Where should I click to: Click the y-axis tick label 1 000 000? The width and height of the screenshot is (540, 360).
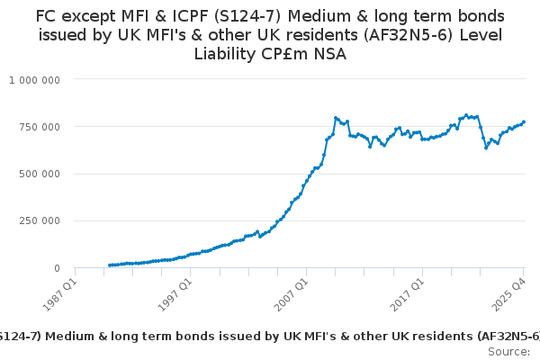[x=35, y=79]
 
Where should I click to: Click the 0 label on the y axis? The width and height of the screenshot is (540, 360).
[x=56, y=268]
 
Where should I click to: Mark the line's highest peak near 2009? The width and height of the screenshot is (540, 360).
[x=336, y=118]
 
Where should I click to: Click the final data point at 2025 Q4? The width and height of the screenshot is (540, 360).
[x=524, y=122]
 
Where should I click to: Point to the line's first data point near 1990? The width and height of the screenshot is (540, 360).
[x=109, y=265]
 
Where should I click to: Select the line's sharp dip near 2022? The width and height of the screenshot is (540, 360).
[x=486, y=148]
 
